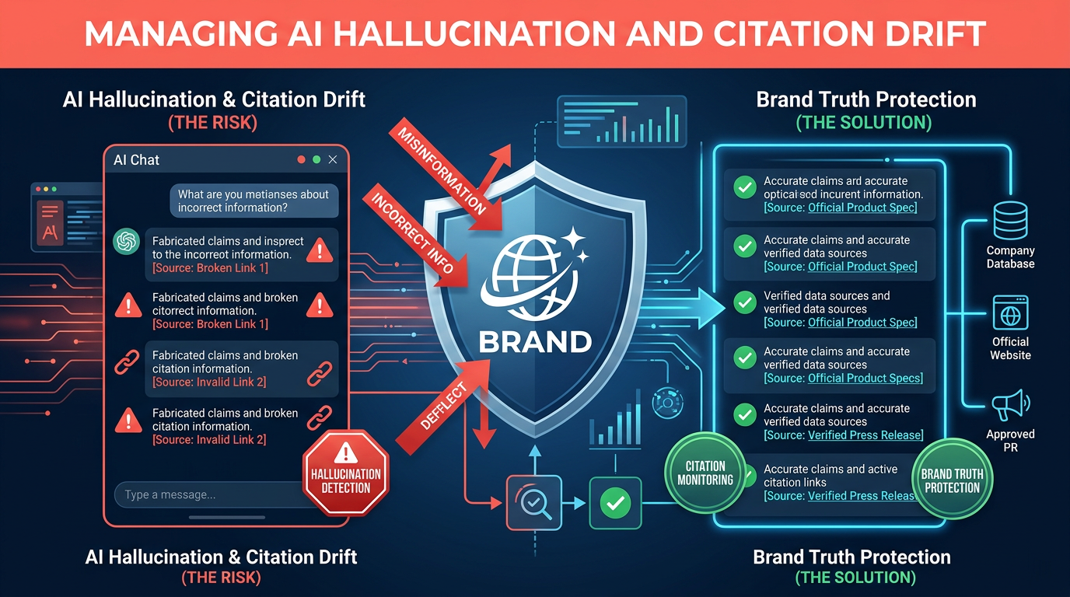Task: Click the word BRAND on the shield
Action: coord(535,341)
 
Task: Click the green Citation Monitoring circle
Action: coord(705,473)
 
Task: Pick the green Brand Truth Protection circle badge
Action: coord(952,480)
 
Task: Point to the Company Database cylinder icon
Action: coord(1010,221)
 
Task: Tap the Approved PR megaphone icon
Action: coord(1010,406)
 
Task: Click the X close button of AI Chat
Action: coord(333,159)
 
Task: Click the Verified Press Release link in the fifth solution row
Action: coord(865,435)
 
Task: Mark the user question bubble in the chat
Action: coord(254,201)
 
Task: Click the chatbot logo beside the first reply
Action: coord(125,242)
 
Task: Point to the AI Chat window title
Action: coord(136,160)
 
